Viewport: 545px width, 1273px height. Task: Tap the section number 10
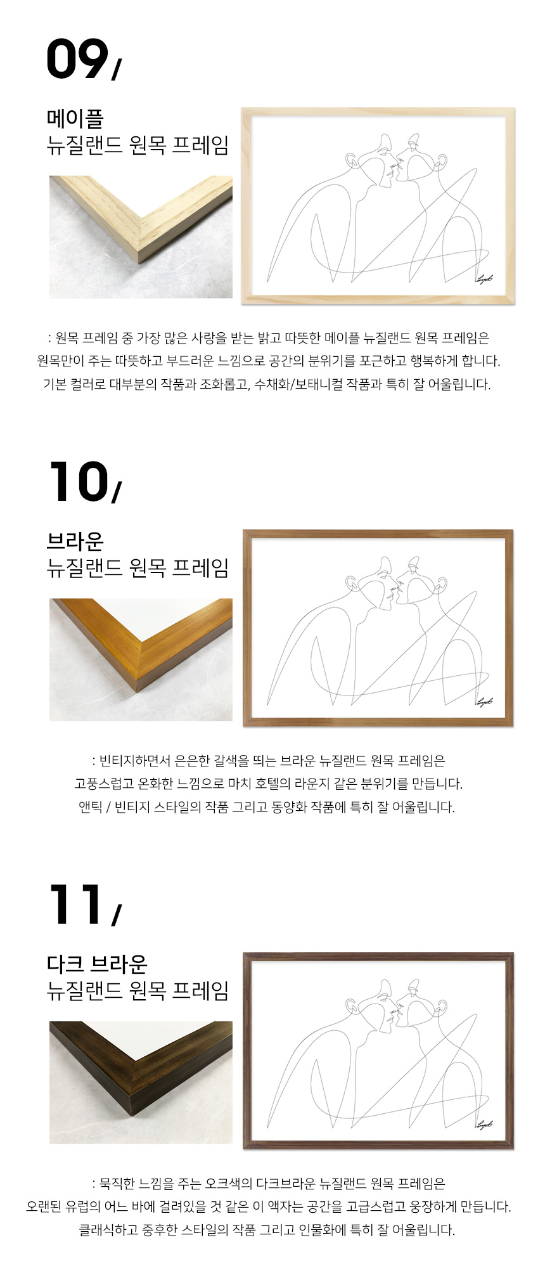(x=79, y=481)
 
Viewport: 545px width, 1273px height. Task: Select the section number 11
(x=75, y=904)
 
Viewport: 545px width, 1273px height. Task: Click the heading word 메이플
(x=75, y=118)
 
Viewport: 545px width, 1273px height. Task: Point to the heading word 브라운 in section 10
(x=75, y=541)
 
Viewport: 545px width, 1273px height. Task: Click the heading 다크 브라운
(x=97, y=964)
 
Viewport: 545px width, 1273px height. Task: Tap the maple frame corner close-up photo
(x=141, y=236)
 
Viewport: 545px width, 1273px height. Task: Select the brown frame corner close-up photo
(x=141, y=659)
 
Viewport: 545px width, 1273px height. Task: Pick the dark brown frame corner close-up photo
(x=141, y=1082)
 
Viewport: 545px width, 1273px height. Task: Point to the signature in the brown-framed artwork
(x=484, y=701)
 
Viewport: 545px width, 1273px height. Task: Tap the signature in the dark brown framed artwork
(x=484, y=1124)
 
